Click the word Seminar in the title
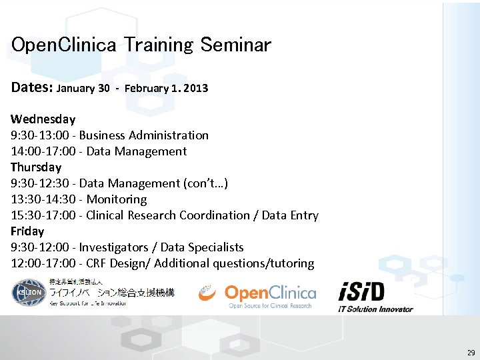pyautogui.click(x=235, y=45)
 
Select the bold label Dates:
pyautogui.click(x=32, y=87)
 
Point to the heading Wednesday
pyautogui.click(x=43, y=119)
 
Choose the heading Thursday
pyautogui.click(x=36, y=167)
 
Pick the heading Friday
pyautogui.click(x=27, y=231)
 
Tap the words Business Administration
pyautogui.click(x=144, y=135)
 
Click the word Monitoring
pyautogui.click(x=117, y=199)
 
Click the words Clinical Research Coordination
pyautogui.click(x=168, y=215)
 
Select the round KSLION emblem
pyautogui.click(x=27, y=293)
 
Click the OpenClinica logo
pyautogui.click(x=257, y=295)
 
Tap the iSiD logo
pyautogui.click(x=363, y=292)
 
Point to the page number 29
pyautogui.click(x=471, y=353)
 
